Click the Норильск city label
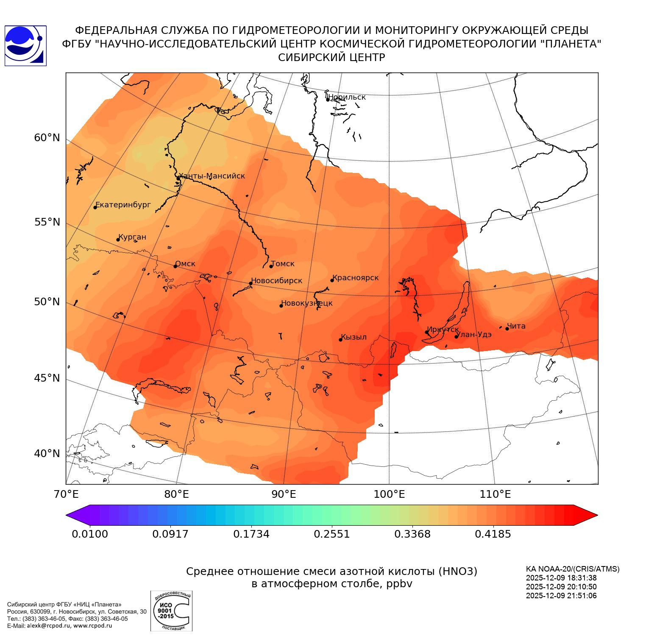(x=347, y=97)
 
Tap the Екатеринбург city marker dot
(x=95, y=207)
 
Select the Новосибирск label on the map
(x=277, y=281)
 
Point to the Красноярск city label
(x=356, y=278)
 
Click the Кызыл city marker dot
(x=340, y=340)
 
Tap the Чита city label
(x=516, y=326)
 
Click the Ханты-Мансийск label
(x=212, y=176)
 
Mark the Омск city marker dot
(x=175, y=266)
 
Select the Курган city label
(x=132, y=237)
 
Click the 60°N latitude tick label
(x=47, y=138)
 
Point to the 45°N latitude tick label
(x=47, y=378)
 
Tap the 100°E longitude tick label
(x=389, y=494)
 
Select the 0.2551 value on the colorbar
(x=332, y=534)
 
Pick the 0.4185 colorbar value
(x=493, y=534)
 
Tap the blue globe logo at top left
(x=25, y=46)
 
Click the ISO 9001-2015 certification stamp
(x=171, y=611)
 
